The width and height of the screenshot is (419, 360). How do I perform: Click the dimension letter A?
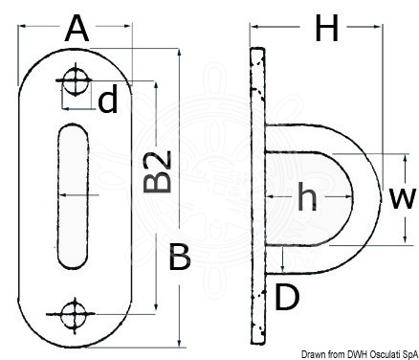77,30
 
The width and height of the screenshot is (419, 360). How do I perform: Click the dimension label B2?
158,172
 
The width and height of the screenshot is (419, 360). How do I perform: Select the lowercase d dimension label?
108,101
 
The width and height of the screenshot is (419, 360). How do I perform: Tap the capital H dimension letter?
326,29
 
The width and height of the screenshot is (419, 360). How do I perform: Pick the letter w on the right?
403,198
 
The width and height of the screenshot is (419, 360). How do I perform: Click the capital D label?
287,298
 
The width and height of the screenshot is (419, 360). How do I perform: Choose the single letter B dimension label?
179,257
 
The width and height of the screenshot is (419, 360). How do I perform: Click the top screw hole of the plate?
75,79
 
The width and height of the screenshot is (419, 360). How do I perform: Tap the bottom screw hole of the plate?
75,315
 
